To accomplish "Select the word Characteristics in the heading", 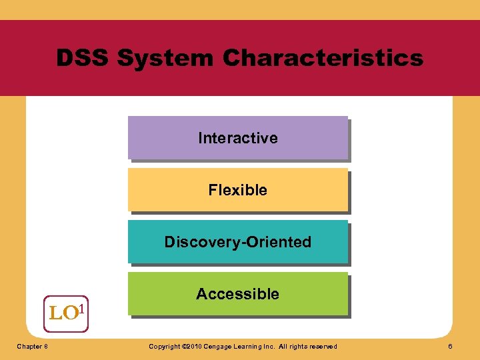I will (323, 58).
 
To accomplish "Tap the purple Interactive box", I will (238, 138).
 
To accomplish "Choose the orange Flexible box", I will (238, 190).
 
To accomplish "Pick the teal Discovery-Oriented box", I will (238, 242).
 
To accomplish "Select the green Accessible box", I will (238, 294).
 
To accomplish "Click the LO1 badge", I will (66, 313).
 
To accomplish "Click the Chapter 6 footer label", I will (32, 346).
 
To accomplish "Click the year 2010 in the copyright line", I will (191, 346).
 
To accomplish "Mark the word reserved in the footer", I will (323, 346).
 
